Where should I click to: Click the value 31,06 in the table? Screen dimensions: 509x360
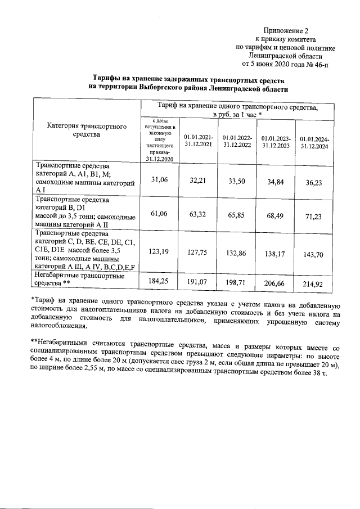click(161, 179)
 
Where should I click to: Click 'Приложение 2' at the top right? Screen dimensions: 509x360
click(286, 30)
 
